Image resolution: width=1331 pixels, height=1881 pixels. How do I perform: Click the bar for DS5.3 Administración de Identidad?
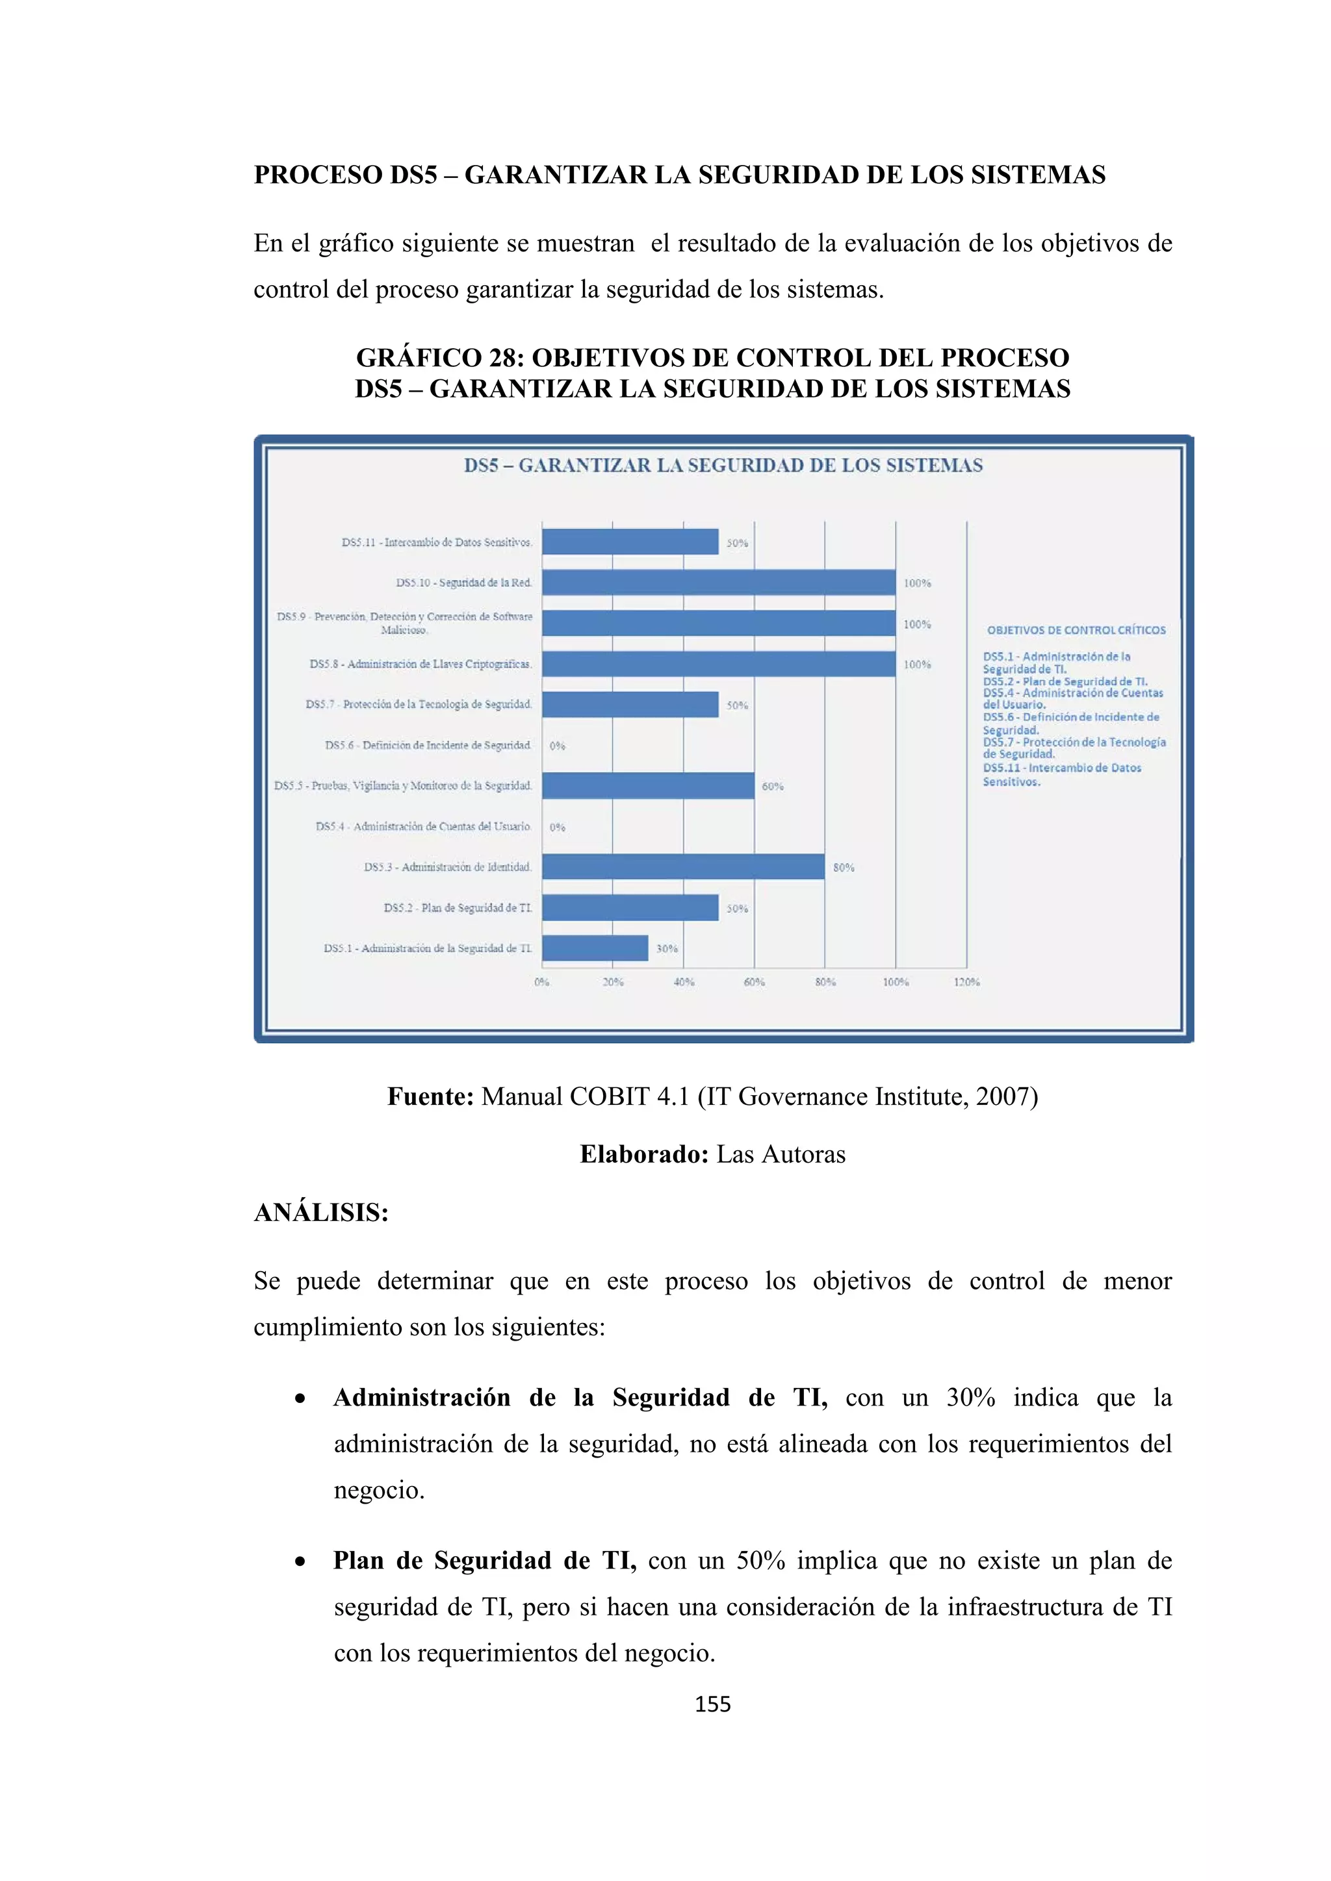coord(682,866)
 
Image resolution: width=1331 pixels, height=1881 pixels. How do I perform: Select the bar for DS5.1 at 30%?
coord(595,948)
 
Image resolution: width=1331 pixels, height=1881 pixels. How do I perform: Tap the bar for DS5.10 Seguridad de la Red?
coord(718,583)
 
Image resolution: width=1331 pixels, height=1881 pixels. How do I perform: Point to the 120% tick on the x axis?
coord(966,981)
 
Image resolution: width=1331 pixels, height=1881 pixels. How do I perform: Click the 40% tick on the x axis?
coord(684,981)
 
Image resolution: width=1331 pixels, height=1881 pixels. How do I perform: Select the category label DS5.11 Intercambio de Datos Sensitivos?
coord(437,542)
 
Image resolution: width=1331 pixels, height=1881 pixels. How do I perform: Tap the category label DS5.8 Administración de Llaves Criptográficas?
coord(420,664)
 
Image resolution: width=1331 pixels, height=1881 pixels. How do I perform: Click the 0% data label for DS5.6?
coord(558,746)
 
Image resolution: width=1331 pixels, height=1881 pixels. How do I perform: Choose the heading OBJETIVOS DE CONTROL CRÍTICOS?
coord(1076,630)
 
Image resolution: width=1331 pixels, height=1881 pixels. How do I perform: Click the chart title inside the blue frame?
coord(723,465)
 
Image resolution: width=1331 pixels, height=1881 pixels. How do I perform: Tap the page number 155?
coord(712,1704)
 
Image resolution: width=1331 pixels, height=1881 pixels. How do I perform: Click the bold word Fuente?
coord(430,1096)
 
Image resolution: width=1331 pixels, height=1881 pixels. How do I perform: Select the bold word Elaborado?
coord(643,1154)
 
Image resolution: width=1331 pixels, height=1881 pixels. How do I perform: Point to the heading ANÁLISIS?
coord(320,1213)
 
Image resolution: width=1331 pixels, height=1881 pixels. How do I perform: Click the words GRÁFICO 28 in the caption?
coord(440,358)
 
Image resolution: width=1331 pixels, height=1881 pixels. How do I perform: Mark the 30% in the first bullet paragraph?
coord(970,1398)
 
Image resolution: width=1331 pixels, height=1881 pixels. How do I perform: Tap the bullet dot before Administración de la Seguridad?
coord(301,1399)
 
